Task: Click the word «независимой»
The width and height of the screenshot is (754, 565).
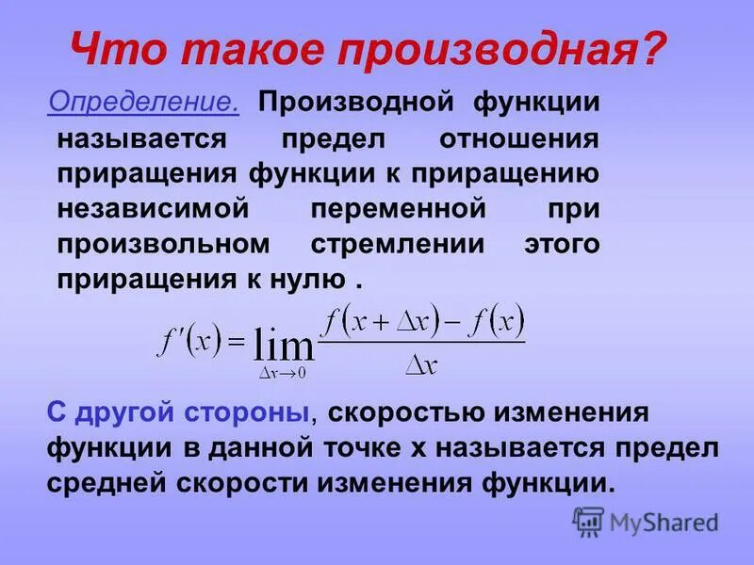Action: click(157, 208)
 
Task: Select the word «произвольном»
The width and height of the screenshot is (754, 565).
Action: click(164, 243)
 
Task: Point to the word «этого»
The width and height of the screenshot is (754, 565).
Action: click(562, 243)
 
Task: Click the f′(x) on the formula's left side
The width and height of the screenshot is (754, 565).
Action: click(188, 341)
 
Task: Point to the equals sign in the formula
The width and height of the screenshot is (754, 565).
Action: click(237, 342)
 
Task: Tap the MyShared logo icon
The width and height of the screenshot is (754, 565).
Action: click(588, 522)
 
